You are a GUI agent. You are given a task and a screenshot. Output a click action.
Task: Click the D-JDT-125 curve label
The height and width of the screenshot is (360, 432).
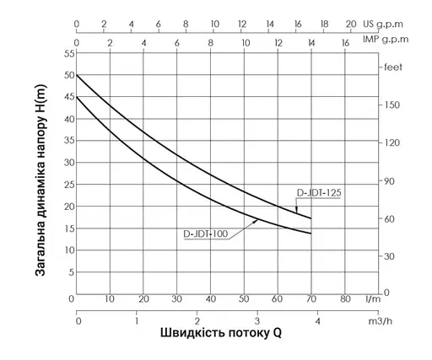point(318,193)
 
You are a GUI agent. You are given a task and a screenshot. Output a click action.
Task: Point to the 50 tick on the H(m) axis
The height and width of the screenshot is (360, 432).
point(69,75)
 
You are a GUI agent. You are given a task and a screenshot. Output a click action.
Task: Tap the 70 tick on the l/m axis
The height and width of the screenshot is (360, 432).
point(311,298)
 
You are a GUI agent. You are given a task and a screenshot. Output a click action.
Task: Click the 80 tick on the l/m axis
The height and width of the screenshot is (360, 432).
point(345,298)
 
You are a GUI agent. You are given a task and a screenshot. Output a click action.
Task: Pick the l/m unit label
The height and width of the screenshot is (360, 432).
point(371,298)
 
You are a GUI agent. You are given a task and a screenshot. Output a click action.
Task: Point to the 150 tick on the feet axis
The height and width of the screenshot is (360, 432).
point(391,105)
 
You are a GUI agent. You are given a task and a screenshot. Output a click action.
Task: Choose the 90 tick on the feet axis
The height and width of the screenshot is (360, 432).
point(389,180)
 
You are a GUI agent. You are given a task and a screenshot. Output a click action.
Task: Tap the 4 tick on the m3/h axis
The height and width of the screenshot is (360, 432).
point(317,321)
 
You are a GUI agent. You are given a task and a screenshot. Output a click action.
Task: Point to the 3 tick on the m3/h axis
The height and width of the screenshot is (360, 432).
point(257,321)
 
